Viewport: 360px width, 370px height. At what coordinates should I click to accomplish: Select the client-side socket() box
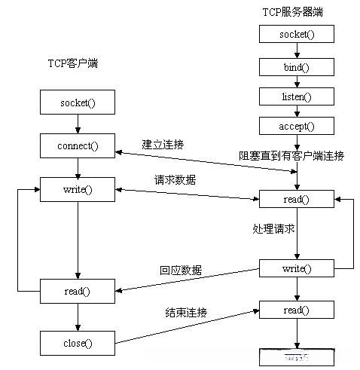click(x=78, y=102)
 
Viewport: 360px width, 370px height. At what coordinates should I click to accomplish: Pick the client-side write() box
click(x=78, y=188)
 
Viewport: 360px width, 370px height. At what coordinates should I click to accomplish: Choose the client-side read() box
click(x=78, y=289)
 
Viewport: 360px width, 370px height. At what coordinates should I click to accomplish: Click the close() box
click(x=78, y=343)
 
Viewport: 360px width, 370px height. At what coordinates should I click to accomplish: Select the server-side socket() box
click(x=296, y=34)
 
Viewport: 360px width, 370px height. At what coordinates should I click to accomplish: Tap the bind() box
click(x=296, y=66)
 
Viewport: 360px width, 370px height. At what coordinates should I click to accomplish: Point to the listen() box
click(x=296, y=97)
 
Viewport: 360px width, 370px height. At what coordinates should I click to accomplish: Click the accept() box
click(x=296, y=127)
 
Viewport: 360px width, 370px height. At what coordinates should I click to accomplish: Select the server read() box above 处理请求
click(x=296, y=200)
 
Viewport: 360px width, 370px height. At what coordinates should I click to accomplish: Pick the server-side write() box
click(x=296, y=268)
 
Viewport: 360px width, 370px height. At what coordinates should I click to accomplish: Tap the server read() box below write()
click(x=296, y=309)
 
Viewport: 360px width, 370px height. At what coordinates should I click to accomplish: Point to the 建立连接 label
click(x=163, y=144)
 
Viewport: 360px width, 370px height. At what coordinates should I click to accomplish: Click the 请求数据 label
click(x=174, y=179)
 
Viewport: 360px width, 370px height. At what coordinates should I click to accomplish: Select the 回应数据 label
click(x=181, y=270)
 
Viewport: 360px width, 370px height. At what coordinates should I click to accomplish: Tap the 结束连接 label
click(x=186, y=312)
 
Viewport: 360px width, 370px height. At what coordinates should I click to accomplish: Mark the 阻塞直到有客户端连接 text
click(x=291, y=156)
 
